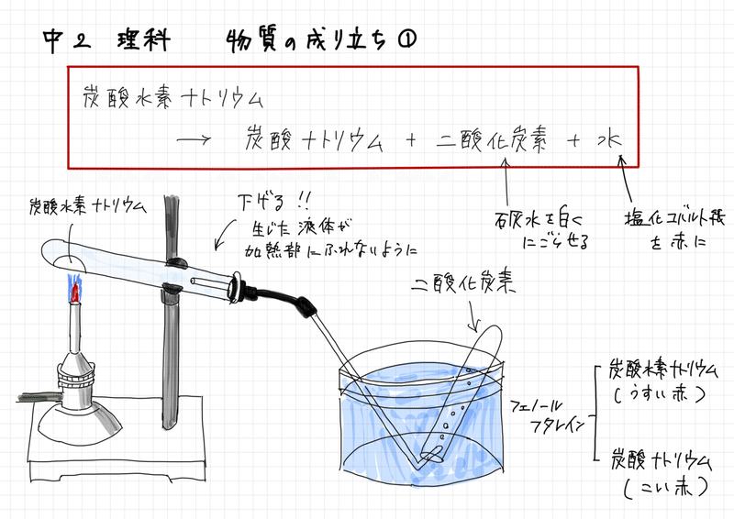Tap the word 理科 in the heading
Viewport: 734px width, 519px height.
(x=142, y=40)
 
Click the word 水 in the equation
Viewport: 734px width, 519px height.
(x=608, y=141)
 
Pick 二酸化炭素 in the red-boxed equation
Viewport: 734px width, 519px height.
(x=492, y=141)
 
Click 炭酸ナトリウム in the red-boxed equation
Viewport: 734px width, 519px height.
(x=317, y=141)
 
